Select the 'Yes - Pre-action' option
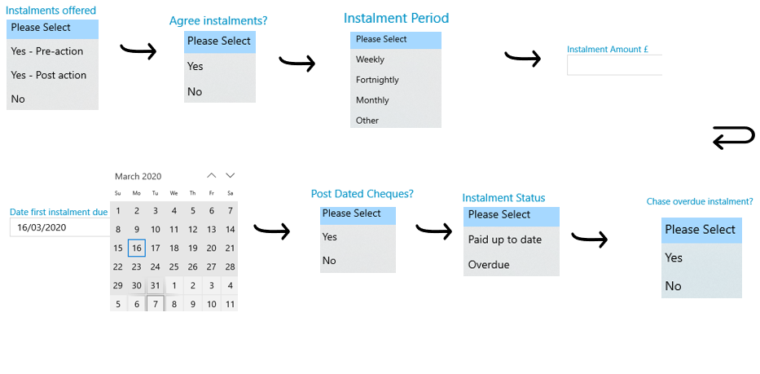point(47,51)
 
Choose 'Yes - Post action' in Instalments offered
point(49,75)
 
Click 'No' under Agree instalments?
point(195,92)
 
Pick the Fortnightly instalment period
point(377,80)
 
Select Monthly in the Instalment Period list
point(372,100)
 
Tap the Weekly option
point(370,59)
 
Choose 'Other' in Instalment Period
point(367,121)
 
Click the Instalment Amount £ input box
point(614,65)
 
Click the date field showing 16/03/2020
point(60,227)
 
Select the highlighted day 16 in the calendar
point(137,248)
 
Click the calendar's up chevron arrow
point(211,175)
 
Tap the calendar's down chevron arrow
point(231,175)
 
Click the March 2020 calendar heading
point(138,176)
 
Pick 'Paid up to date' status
point(504,240)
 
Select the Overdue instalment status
point(489,265)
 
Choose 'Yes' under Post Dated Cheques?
point(330,237)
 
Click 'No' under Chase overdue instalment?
point(673,286)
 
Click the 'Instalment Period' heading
point(396,18)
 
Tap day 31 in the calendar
point(155,285)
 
